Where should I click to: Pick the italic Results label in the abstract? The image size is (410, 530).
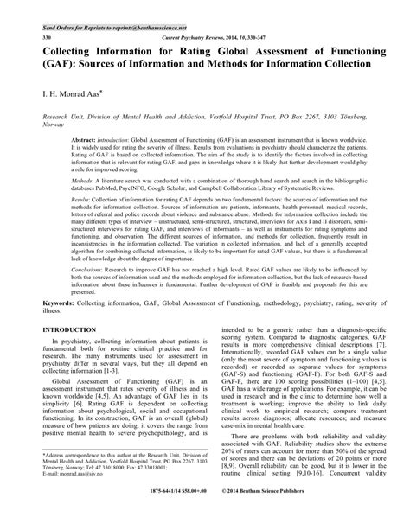[84, 199]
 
